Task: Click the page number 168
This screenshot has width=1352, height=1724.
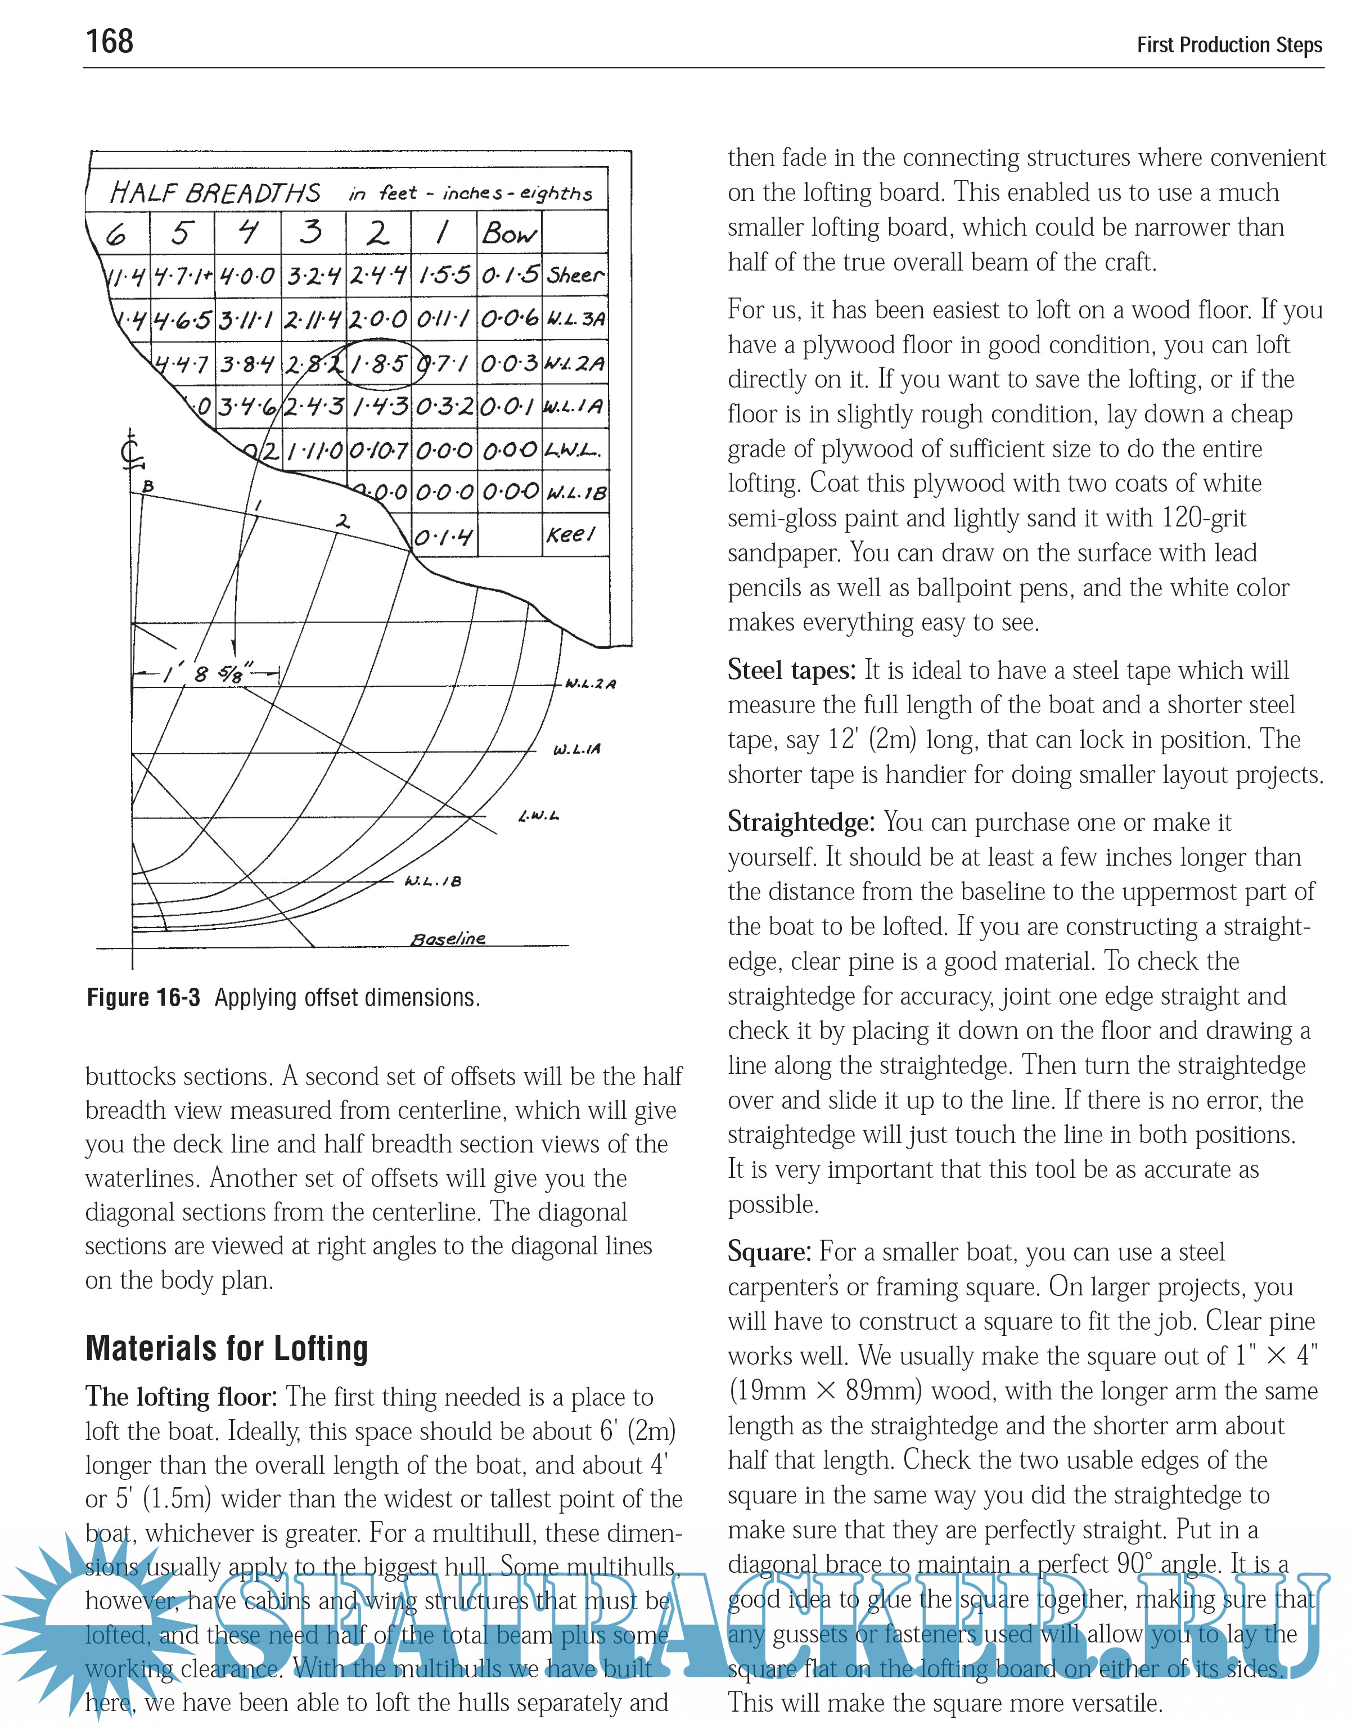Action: coord(109,41)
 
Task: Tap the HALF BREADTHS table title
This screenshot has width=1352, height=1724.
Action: coord(215,193)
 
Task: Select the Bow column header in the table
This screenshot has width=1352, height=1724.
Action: coord(509,233)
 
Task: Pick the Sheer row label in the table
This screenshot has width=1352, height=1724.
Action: coord(575,276)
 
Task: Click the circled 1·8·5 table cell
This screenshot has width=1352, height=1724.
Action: coord(379,364)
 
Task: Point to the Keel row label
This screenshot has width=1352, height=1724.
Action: coord(570,535)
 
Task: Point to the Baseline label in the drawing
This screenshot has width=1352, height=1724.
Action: coord(448,939)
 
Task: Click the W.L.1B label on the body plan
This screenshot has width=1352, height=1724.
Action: coord(433,881)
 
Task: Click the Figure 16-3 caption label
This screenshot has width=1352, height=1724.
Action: coord(143,997)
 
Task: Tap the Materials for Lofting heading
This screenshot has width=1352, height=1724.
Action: coord(227,1349)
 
